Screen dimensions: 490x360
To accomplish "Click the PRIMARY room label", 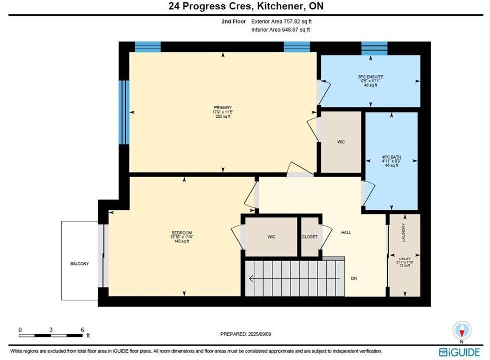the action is coord(223,108).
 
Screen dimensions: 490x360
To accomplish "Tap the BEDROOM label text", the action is coord(182,233).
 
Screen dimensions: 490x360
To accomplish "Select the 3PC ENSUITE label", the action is coord(371,77).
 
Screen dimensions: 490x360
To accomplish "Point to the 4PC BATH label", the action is coord(392,157).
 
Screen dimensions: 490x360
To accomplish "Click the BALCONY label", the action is coord(79,264).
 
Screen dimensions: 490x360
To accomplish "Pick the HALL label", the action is coord(346,233).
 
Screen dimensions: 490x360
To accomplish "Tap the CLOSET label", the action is coord(310,237).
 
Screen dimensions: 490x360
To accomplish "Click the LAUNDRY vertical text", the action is coord(403,232).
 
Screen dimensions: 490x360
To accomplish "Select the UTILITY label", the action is coord(405,259).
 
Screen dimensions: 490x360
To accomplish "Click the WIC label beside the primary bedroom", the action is coord(341,142).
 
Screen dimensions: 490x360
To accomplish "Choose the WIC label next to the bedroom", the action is coord(271,237).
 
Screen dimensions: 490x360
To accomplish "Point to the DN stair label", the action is coord(354,279).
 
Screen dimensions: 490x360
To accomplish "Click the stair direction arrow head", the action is coord(251,279).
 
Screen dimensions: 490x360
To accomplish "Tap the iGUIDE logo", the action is coord(459,352).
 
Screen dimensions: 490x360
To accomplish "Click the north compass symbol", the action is coord(462,330).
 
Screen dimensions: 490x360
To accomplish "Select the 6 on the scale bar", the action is coord(82,330).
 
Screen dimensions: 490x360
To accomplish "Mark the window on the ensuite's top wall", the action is coord(374,49).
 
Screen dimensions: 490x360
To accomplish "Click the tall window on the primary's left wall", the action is coord(124,112).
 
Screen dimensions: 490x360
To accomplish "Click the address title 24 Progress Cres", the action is coord(210,6).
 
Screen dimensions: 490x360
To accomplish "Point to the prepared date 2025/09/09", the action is coord(259,334).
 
